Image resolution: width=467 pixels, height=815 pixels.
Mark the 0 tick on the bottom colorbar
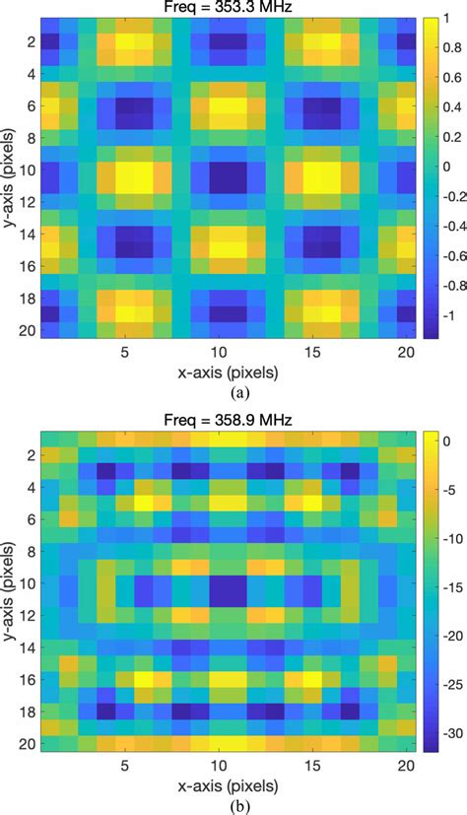coord(444,439)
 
